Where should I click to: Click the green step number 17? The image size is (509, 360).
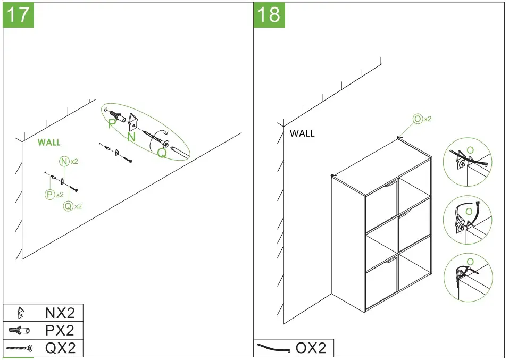[19, 14]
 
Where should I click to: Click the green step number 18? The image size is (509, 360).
[269, 14]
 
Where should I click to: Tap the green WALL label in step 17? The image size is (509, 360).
[49, 143]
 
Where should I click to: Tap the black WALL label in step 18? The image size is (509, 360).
[302, 133]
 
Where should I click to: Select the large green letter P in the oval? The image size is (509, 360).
[112, 124]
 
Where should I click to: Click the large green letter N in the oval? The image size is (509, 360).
[131, 137]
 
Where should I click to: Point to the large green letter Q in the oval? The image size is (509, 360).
[162, 153]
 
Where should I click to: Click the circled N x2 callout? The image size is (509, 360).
[68, 161]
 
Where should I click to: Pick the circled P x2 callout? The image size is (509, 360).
[54, 195]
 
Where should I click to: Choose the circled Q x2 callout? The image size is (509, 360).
[72, 206]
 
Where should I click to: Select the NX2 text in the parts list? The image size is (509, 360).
[60, 313]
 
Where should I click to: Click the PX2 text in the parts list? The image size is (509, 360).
[60, 331]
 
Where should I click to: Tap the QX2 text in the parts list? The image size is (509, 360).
[60, 348]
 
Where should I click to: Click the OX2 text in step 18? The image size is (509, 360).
[310, 348]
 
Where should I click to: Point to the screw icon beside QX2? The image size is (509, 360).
[19, 348]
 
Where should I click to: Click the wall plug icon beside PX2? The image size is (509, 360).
[19, 331]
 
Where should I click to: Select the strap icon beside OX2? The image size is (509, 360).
[273, 348]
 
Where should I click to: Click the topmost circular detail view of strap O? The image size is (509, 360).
[468, 162]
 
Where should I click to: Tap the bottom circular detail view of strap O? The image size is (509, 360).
[468, 277]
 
